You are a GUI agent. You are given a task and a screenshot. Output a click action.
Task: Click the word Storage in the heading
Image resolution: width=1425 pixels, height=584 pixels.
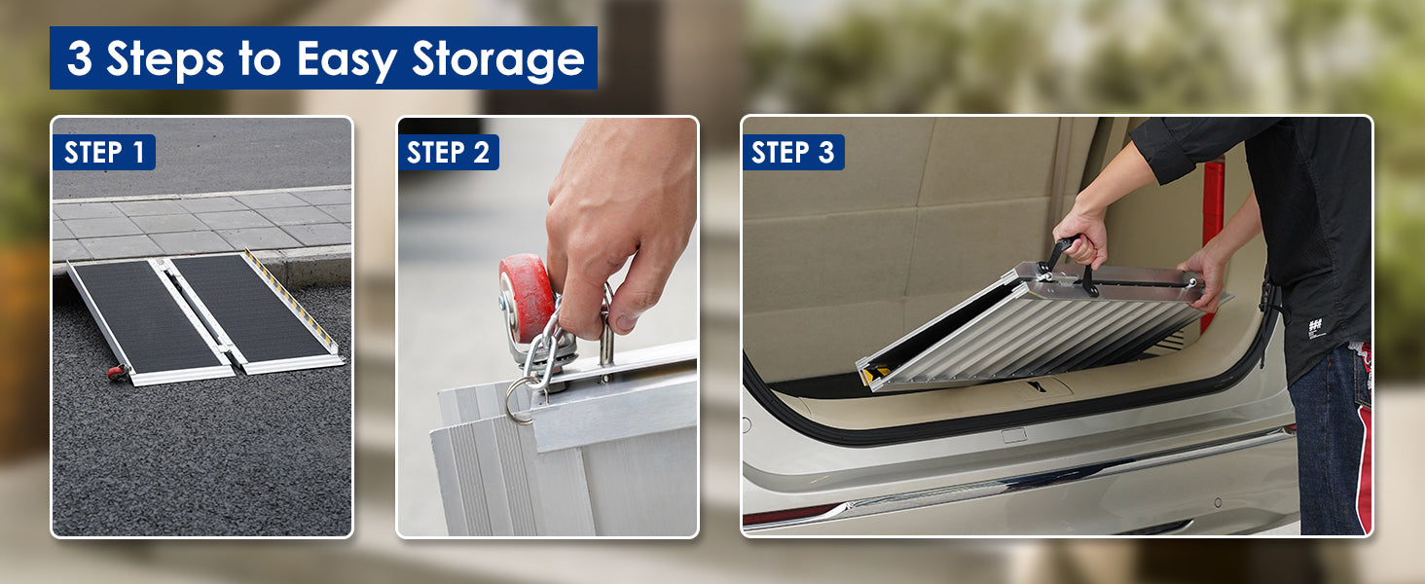point(498,58)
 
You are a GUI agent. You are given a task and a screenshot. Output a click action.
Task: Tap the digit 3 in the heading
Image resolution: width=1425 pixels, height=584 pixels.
point(80,57)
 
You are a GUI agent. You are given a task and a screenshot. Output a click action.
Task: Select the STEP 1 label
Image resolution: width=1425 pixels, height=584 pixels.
point(104,153)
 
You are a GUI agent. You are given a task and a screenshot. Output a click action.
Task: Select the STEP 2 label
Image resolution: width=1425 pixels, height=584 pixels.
point(448,153)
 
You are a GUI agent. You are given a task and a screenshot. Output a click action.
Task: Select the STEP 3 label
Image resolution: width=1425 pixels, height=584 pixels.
point(792,153)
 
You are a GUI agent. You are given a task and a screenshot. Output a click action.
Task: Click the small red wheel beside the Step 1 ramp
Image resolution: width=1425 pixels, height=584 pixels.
point(117,372)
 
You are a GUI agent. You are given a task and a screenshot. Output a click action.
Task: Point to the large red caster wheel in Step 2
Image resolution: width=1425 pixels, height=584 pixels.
point(525,299)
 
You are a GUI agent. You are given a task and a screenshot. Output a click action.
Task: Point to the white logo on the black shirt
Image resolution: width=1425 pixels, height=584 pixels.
point(1315,328)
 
